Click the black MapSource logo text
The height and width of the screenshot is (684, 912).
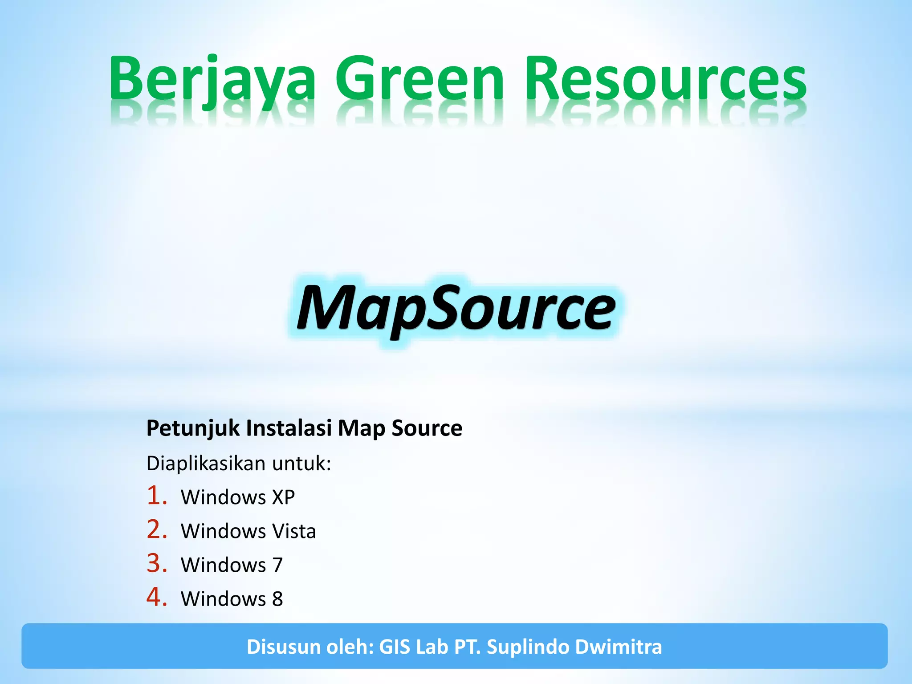(x=456, y=309)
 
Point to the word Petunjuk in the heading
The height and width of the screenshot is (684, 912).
(x=194, y=428)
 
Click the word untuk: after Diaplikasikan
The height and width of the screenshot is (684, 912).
(x=302, y=464)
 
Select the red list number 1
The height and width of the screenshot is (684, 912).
(x=156, y=496)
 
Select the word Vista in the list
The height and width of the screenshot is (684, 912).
(x=294, y=531)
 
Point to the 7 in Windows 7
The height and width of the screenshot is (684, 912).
(x=277, y=565)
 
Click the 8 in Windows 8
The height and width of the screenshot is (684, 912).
(x=277, y=599)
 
